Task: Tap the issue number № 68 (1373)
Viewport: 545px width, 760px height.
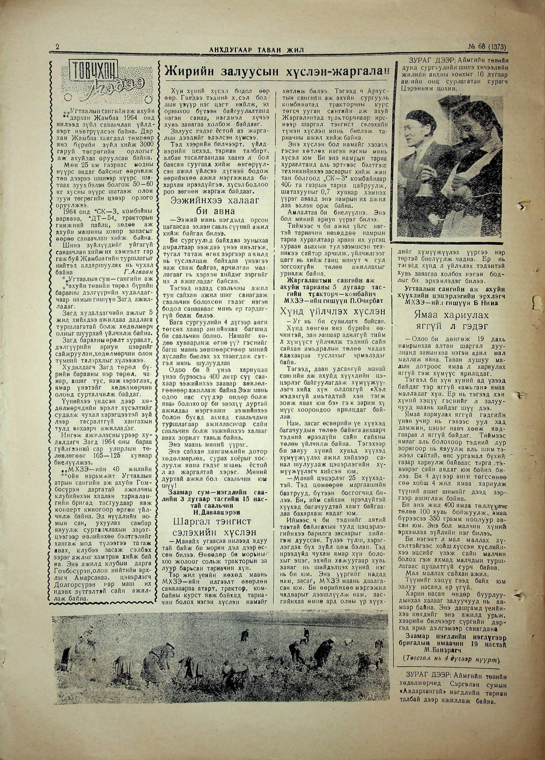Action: point(486,47)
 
